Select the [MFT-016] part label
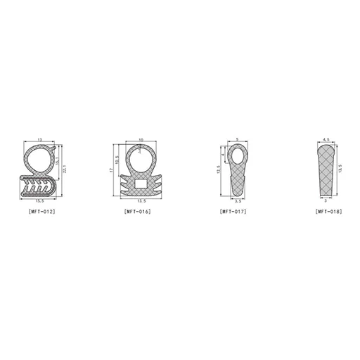click(x=137, y=211)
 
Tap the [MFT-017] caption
click(x=233, y=211)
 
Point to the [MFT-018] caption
click(x=329, y=211)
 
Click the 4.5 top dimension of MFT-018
click(x=325, y=139)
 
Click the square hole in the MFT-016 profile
click(x=140, y=184)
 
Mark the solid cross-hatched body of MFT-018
click(x=326, y=172)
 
